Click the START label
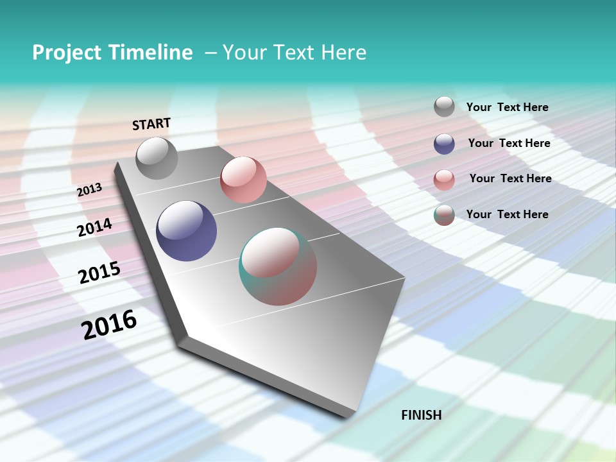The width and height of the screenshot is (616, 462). point(151,124)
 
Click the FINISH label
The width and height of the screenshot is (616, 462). point(422,415)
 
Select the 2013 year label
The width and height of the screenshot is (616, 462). point(89,190)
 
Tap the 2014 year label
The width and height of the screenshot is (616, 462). point(95,228)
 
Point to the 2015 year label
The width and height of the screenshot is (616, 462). point(99,273)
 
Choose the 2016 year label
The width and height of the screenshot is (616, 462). point(109,325)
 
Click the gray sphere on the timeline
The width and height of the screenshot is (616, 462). point(157,158)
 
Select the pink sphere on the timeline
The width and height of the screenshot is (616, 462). point(243,180)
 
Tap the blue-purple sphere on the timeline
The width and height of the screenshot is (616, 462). point(186,231)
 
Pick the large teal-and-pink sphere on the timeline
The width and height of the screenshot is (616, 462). point(278,266)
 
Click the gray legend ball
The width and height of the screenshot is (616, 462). point(444,107)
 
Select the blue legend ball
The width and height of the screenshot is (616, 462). point(444,144)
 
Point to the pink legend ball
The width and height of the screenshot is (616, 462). point(444,180)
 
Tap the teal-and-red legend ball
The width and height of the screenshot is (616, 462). point(444,215)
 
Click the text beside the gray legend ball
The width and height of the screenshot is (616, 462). point(507,107)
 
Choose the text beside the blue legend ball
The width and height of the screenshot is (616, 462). point(509,143)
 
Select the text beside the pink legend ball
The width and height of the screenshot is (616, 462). point(510,178)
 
